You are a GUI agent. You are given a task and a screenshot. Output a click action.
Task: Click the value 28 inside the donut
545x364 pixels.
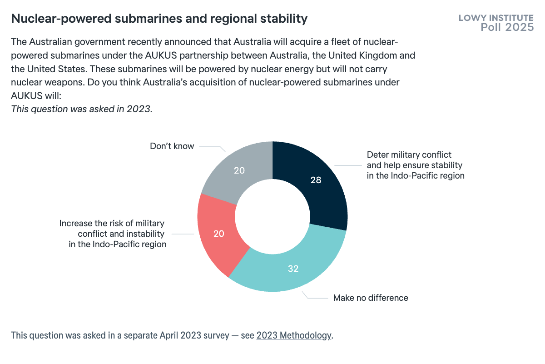coord(316,180)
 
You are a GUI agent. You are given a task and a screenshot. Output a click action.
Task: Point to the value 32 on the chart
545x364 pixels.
coord(293,269)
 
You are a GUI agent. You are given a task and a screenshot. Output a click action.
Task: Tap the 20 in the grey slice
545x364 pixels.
coord(239,171)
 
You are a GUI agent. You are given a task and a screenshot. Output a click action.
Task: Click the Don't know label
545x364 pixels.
coord(172,146)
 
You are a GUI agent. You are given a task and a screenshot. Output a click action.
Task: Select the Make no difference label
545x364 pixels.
coord(371,298)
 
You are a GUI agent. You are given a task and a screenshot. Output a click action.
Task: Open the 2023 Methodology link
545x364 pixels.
coord(294,336)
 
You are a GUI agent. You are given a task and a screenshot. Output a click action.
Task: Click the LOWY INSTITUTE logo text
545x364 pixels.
coord(496,18)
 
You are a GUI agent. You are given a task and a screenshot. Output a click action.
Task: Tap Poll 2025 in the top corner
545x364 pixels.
coord(507,27)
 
